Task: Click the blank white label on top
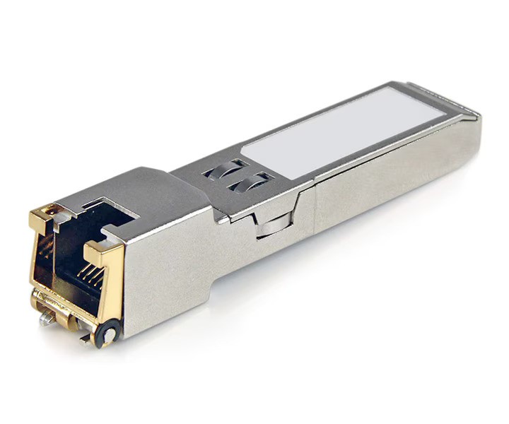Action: point(345,131)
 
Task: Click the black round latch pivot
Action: point(108,331)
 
